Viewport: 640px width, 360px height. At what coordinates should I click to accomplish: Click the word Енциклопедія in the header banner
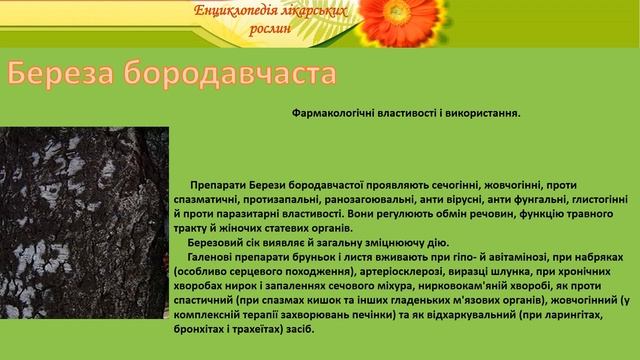point(233,12)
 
